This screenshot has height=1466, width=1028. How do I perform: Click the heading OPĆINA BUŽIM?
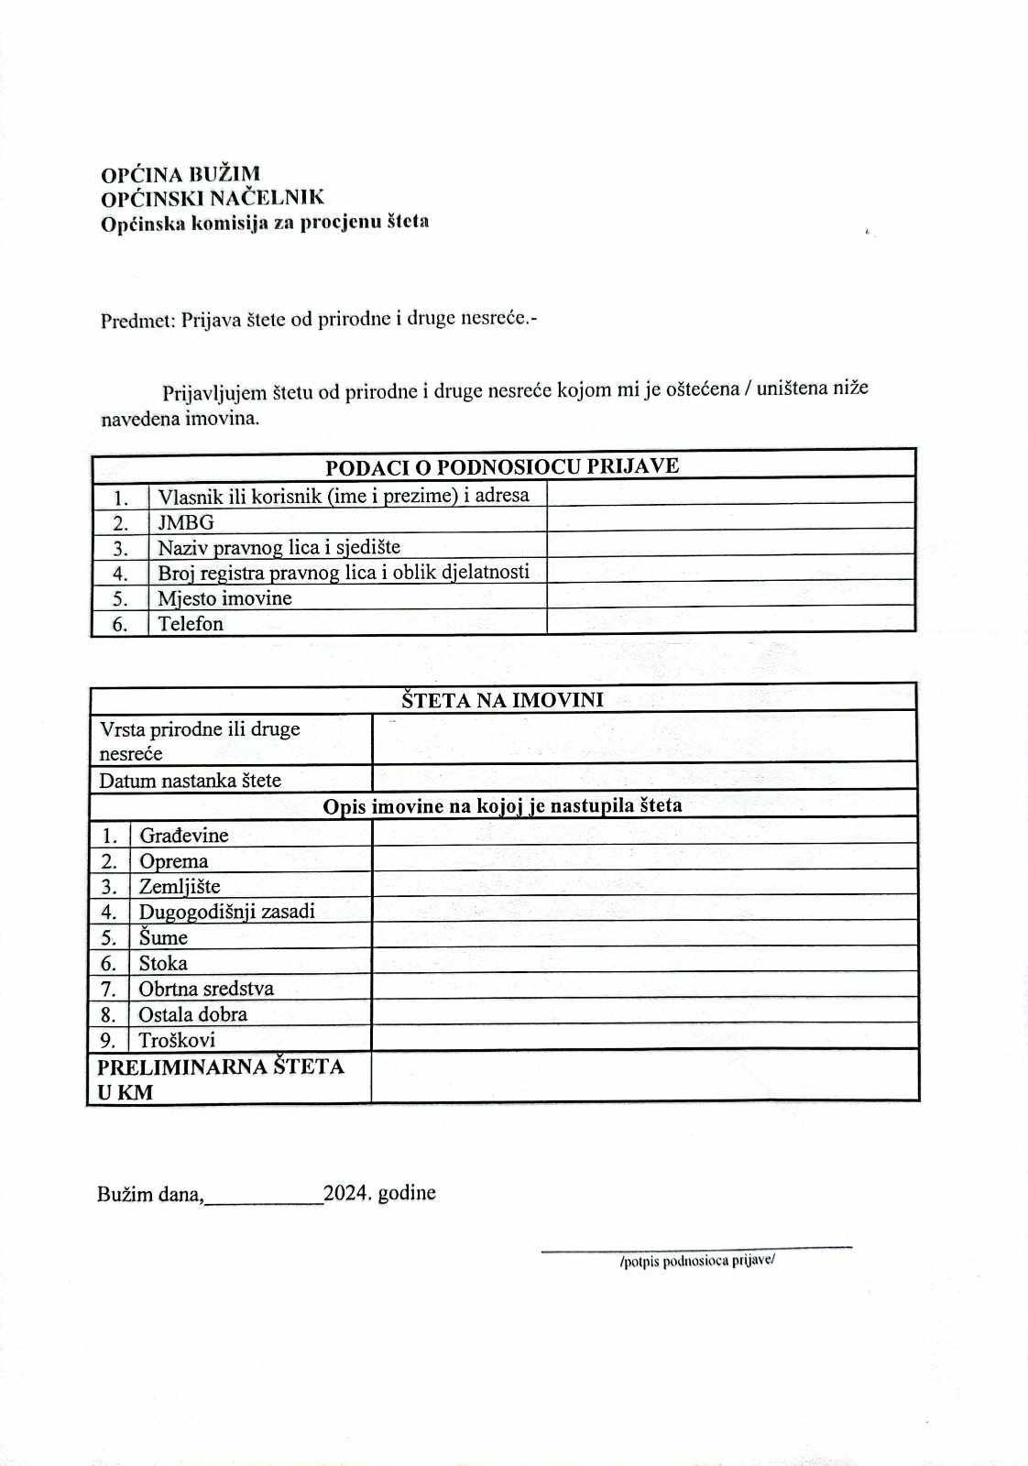pyautogui.click(x=180, y=174)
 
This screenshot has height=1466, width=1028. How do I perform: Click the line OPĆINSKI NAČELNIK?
pyautogui.click(x=213, y=198)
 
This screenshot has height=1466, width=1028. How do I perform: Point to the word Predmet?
pyautogui.click(x=137, y=321)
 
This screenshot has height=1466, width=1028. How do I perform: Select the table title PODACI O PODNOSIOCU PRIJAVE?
pyautogui.click(x=502, y=466)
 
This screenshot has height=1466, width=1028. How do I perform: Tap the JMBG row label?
pyautogui.click(x=186, y=522)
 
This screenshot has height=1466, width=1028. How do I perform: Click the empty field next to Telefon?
pyautogui.click(x=730, y=621)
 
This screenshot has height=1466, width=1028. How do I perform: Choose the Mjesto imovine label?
pyautogui.click(x=224, y=598)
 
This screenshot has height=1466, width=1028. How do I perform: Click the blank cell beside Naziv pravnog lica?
pyautogui.click(x=730, y=544)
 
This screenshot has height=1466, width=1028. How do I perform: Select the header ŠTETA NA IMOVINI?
pyautogui.click(x=502, y=700)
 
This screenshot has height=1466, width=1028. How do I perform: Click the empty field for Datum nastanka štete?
pyautogui.click(x=643, y=777)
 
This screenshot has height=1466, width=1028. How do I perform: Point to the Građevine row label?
pyautogui.click(x=183, y=835)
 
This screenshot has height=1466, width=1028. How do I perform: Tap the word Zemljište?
pyautogui.click(x=180, y=886)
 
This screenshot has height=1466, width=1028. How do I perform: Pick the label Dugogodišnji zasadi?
pyautogui.click(x=226, y=912)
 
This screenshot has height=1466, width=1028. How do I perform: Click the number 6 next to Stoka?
pyautogui.click(x=108, y=963)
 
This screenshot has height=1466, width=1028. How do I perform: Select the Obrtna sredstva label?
pyautogui.click(x=206, y=989)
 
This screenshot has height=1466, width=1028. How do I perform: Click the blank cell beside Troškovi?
pyautogui.click(x=643, y=1037)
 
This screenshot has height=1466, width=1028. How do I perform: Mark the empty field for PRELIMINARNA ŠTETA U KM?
pyautogui.click(x=643, y=1076)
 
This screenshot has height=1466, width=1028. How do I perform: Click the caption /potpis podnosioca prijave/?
pyautogui.click(x=697, y=1261)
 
